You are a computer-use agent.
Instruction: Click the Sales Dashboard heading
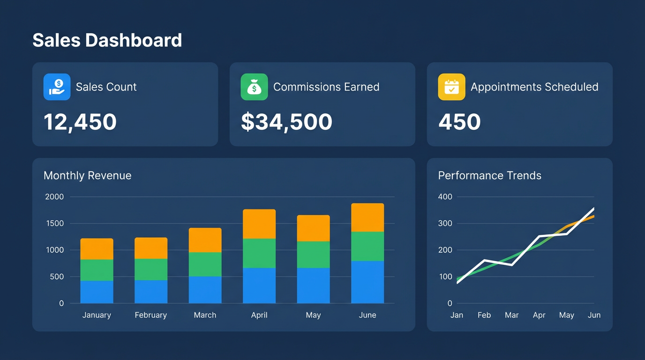[107, 40]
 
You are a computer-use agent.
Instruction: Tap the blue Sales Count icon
[57, 87]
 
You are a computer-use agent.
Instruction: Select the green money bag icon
[254, 87]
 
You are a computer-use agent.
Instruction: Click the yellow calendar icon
[451, 87]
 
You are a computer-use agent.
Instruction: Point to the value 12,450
[80, 122]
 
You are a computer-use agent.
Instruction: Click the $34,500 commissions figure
[286, 122]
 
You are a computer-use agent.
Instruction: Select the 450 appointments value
[459, 122]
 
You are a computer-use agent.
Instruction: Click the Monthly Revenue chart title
[87, 175]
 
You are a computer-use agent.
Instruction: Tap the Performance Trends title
[489, 175]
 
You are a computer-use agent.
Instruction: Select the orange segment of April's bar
[259, 224]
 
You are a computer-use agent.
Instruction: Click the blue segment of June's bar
[367, 282]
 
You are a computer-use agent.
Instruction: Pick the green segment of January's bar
[97, 270]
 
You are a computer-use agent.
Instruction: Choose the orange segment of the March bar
[205, 240]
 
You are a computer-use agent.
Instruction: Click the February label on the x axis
[150, 315]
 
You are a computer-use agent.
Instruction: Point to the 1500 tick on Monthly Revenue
[54, 223]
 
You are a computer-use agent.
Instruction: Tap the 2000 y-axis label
[54, 196]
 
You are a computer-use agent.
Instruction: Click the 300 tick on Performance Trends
[445, 223]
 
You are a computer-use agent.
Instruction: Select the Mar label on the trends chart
[511, 315]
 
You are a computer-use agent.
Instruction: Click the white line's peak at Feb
[484, 260]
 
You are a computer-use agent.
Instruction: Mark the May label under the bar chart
[313, 315]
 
